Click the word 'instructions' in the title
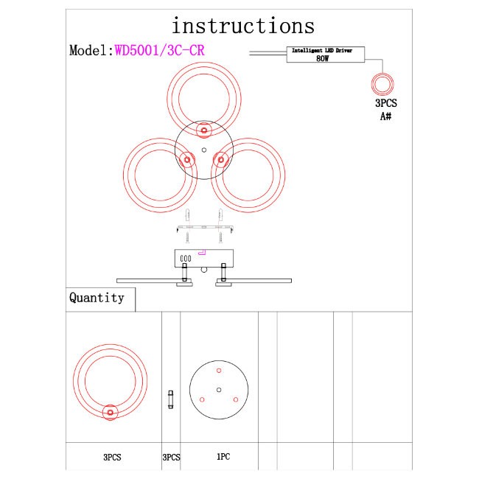242,27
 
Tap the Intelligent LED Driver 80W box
322,54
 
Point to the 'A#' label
385,116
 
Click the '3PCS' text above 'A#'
385,104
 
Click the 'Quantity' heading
97,298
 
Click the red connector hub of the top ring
204,130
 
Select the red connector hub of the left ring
187,159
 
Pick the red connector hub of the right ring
220,158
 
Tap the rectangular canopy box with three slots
203,258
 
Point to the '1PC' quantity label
223,457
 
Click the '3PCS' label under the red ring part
112,458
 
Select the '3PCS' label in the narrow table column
171,458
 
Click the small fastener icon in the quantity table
171,399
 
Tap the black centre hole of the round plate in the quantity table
219,388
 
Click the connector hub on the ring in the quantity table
111,413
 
